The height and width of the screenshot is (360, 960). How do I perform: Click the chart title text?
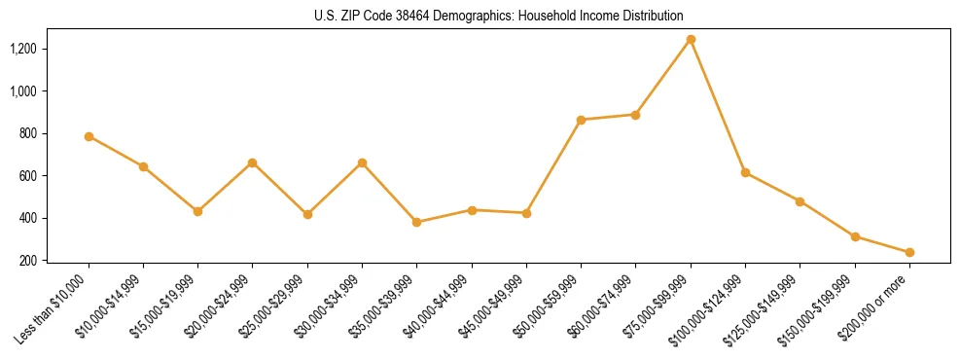click(x=499, y=17)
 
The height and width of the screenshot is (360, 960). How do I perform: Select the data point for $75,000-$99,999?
click(x=691, y=40)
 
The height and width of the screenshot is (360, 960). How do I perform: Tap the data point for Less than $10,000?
click(x=89, y=136)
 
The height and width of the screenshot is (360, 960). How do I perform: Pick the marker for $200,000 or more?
click(x=909, y=252)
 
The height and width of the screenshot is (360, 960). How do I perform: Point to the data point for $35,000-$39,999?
click(x=417, y=222)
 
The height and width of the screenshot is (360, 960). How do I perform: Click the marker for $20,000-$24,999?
click(x=253, y=162)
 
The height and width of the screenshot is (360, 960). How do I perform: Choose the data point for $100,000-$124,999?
click(x=745, y=172)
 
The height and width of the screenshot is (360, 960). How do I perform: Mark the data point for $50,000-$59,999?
click(x=581, y=120)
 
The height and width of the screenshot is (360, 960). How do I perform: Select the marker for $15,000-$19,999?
click(x=198, y=211)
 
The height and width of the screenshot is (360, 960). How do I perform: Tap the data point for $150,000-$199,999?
click(x=855, y=236)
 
